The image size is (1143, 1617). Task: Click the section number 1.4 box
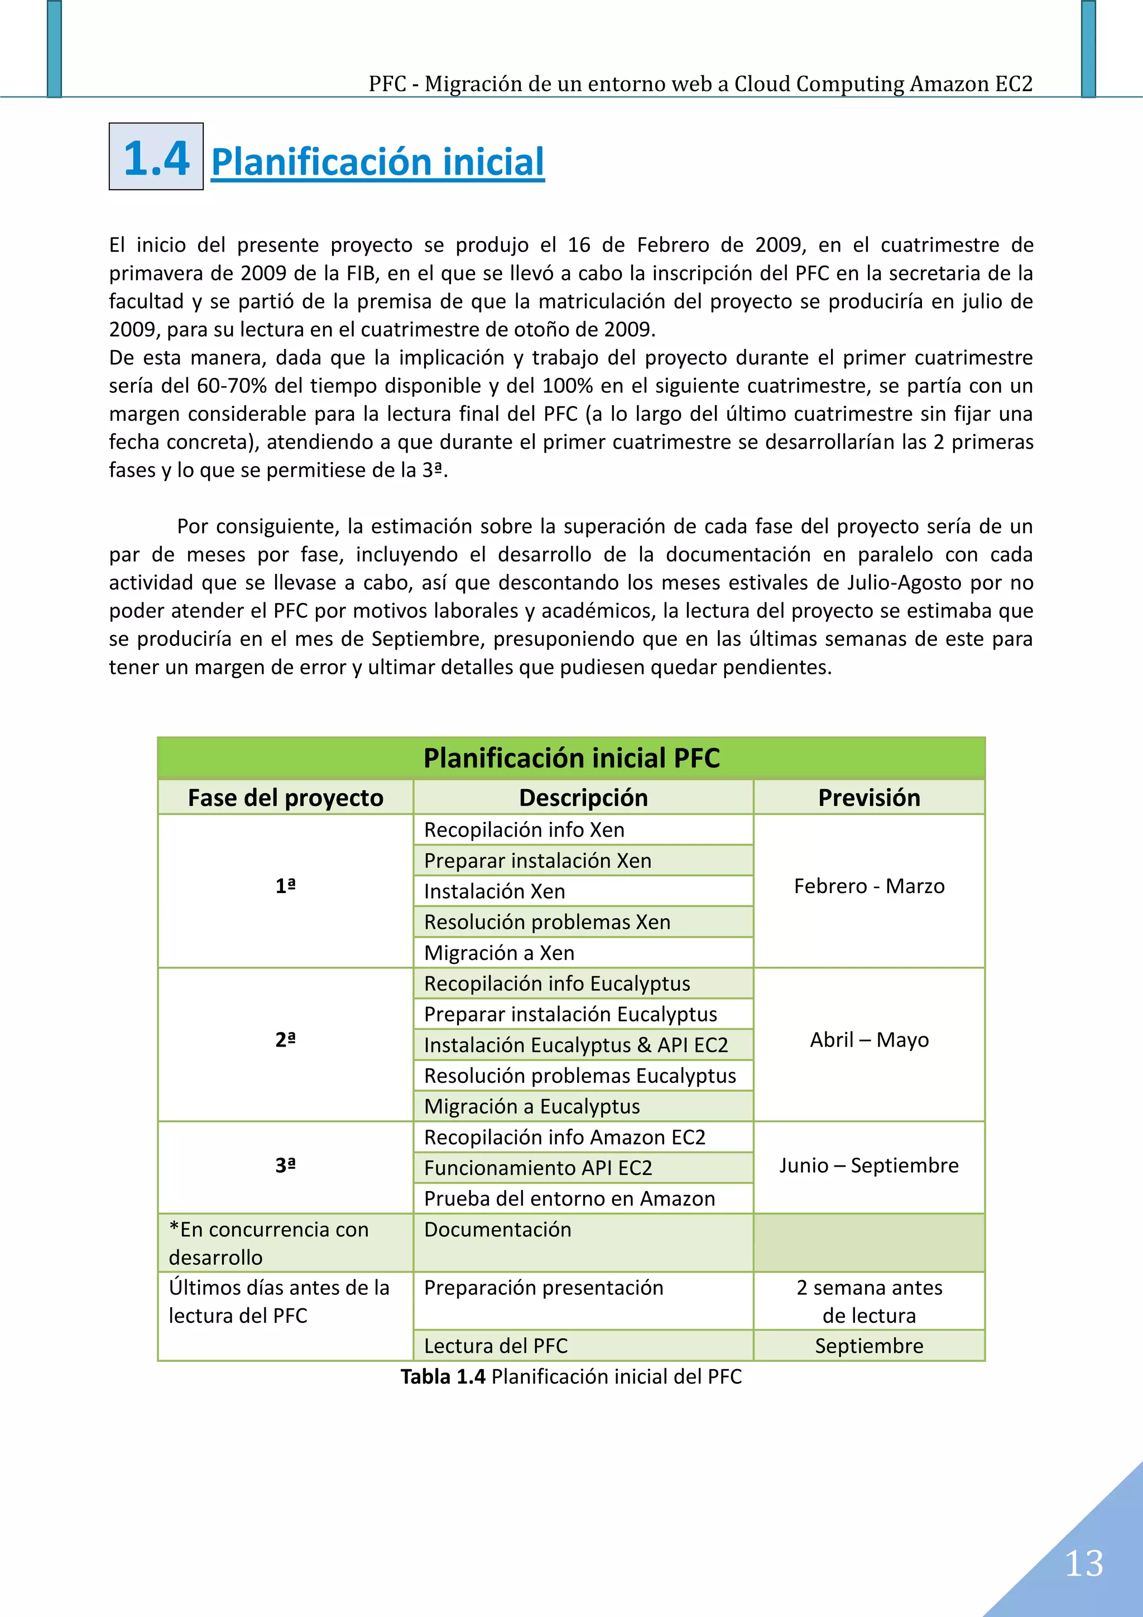pyautogui.click(x=156, y=157)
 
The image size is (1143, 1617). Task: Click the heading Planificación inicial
pyautogui.click(x=377, y=161)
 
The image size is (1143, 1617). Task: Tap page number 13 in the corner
pyautogui.click(x=1083, y=1563)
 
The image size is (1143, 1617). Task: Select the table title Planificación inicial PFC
pyautogui.click(x=571, y=759)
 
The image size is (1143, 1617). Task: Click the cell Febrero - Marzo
pyautogui.click(x=868, y=886)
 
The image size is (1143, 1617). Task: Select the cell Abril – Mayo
pyautogui.click(x=868, y=1039)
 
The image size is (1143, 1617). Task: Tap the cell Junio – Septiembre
pyautogui.click(x=868, y=1165)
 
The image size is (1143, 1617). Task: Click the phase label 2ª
pyautogui.click(x=285, y=1039)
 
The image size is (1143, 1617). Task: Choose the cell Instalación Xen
pyautogui.click(x=494, y=891)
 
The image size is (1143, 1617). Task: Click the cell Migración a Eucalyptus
pyautogui.click(x=532, y=1106)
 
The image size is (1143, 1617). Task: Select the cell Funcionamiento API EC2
pyautogui.click(x=538, y=1168)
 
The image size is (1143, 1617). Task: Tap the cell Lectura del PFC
pyautogui.click(x=496, y=1346)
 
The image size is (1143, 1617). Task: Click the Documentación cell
pyautogui.click(x=498, y=1230)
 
